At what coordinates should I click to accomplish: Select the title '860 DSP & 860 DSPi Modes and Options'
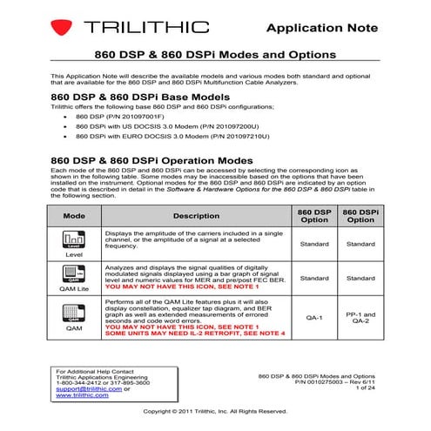[x=215, y=55]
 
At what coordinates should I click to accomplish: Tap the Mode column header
[x=75, y=215]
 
